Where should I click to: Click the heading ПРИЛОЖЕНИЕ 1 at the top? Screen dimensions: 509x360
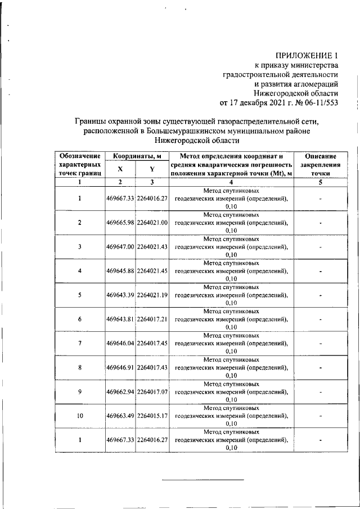click(x=307, y=55)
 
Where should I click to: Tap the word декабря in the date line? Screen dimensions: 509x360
click(x=255, y=103)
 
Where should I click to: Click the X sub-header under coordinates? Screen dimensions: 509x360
click(x=120, y=169)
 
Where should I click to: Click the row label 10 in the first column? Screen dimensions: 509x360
click(x=79, y=416)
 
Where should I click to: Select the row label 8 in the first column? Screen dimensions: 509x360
click(x=79, y=367)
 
